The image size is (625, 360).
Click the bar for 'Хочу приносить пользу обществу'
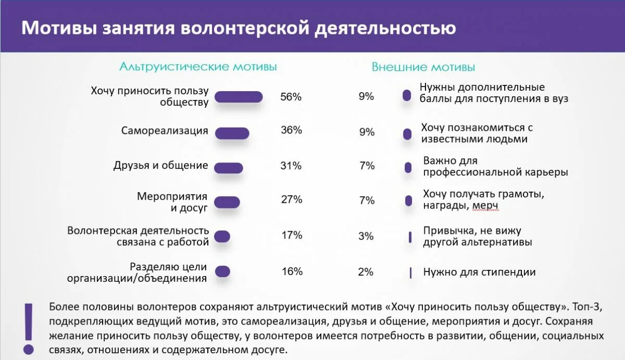[x=239, y=97]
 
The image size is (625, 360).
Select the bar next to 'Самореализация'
[x=232, y=133]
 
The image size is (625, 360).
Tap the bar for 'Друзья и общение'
[x=229, y=168]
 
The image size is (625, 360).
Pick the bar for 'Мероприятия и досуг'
[x=227, y=202]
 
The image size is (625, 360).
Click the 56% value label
[x=291, y=97]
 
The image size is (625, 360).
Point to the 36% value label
[x=291, y=130]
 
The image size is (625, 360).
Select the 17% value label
[x=292, y=235]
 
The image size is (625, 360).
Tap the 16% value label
[x=292, y=271]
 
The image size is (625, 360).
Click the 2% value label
[x=366, y=271]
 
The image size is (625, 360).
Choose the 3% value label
[x=366, y=236]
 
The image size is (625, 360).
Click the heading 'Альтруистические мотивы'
[x=198, y=67]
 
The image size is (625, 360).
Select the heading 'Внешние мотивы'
[x=423, y=67]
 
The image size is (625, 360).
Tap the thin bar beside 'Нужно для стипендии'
[x=410, y=272]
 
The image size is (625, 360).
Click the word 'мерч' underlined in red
[x=485, y=206]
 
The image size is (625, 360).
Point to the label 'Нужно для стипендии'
[x=479, y=272]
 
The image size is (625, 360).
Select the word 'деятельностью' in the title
[x=385, y=28]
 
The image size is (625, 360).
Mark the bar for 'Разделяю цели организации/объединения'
[x=222, y=271]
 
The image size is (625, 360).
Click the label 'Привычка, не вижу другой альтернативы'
[x=477, y=237]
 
